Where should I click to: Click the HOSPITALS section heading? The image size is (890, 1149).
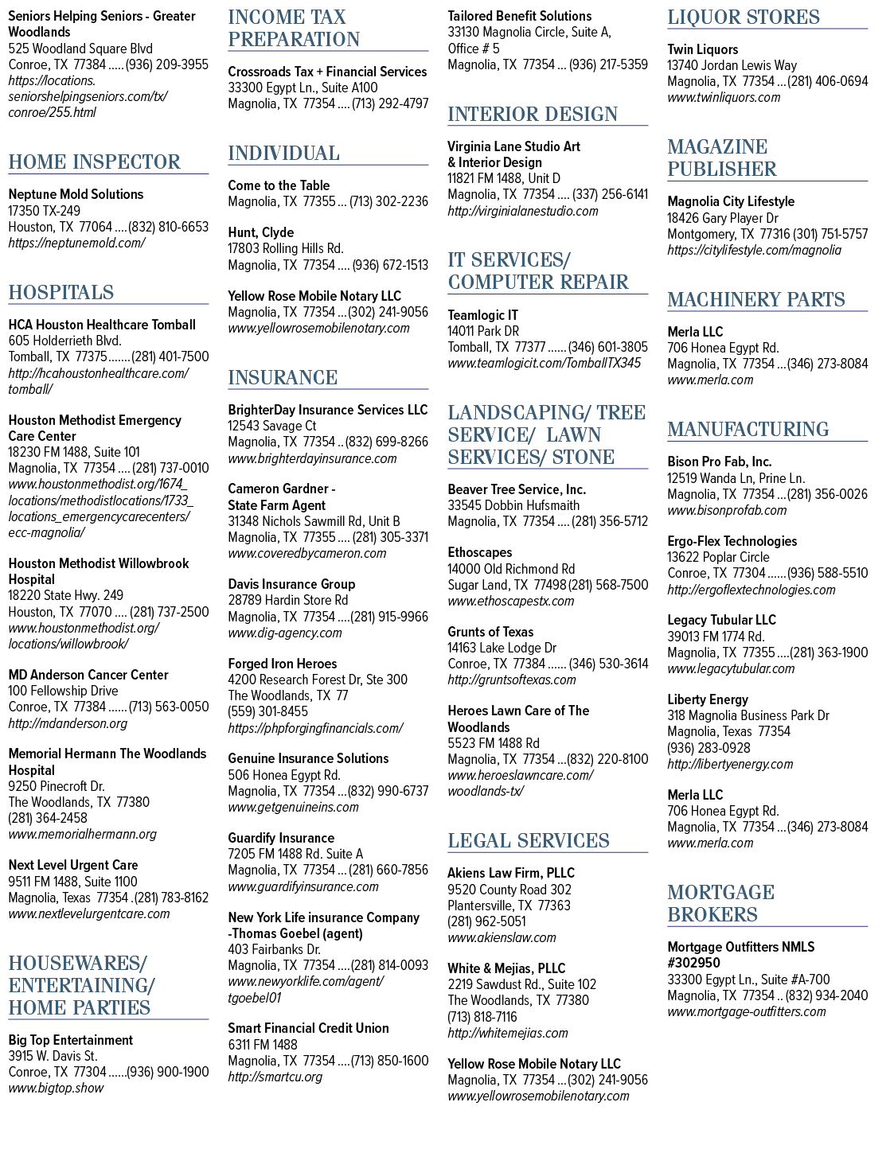pos(61,292)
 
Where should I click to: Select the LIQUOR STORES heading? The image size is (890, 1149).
pos(743,17)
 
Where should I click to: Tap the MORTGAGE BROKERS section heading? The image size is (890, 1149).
pos(720,902)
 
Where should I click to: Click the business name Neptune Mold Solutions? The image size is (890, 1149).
pos(76,194)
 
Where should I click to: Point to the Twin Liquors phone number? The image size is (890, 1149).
pos(828,81)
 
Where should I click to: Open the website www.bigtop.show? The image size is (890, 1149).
pos(56,1088)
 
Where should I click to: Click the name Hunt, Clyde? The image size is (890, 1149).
pos(260,232)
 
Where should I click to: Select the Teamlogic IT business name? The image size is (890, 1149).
pos(482,315)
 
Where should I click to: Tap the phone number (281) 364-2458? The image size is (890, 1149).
pos(48,818)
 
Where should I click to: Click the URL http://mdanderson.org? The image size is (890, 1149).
pos(68,723)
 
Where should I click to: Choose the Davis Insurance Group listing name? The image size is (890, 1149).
pos(291,584)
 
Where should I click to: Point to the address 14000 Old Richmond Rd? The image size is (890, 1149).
pos(511,569)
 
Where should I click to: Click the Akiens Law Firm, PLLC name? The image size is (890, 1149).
pos(511,873)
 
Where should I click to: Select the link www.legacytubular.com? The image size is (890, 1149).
pos(731,668)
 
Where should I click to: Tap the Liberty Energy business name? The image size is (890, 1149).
pos(708,699)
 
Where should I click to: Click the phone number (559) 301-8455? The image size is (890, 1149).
pos(267,711)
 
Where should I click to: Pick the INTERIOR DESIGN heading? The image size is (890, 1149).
pos(533,114)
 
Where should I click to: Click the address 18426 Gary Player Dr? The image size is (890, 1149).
pos(723,218)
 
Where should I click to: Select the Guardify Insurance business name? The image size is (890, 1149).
pos(281,838)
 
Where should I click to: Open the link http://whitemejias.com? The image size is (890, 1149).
pos(508,1033)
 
